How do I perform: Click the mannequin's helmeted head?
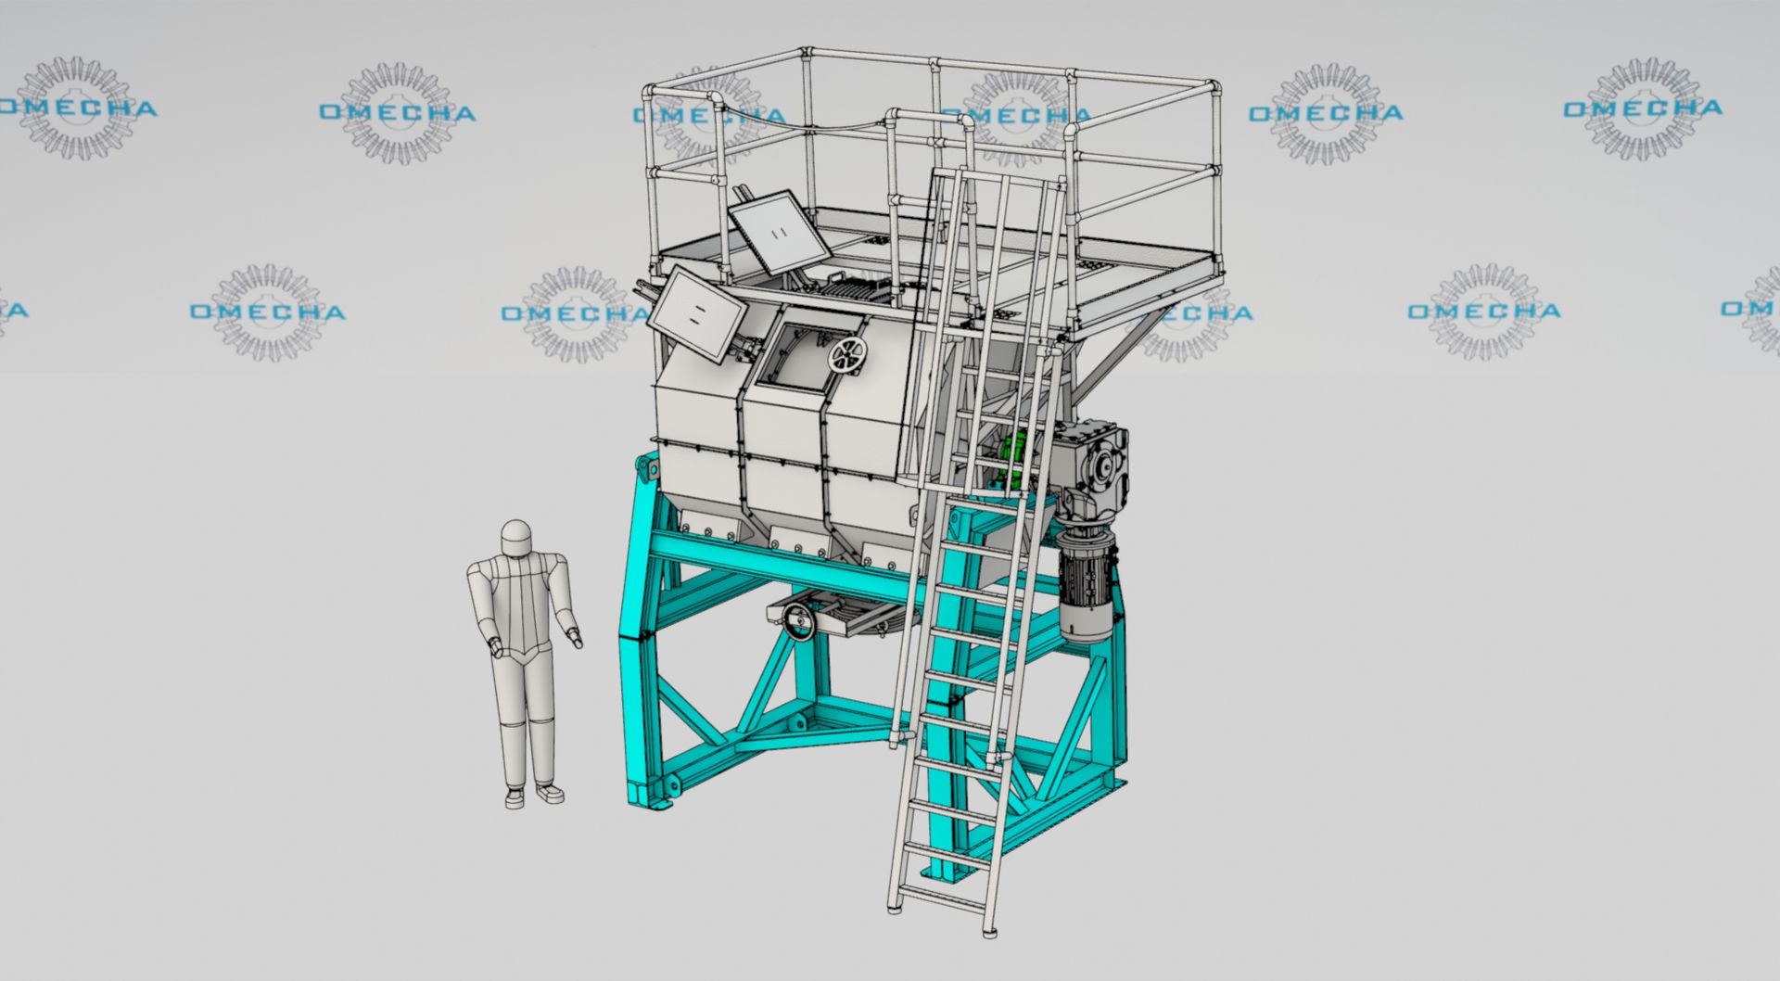pos(515,539)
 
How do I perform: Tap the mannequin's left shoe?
pos(549,794)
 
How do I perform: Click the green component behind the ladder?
pos(1017,451)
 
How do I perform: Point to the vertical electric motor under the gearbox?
pos(1086,584)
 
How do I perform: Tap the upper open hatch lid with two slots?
pos(779,231)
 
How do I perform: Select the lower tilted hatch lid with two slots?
pos(695,313)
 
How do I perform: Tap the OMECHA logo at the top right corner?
pos(1642,108)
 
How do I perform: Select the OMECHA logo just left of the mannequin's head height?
pos(267,312)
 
